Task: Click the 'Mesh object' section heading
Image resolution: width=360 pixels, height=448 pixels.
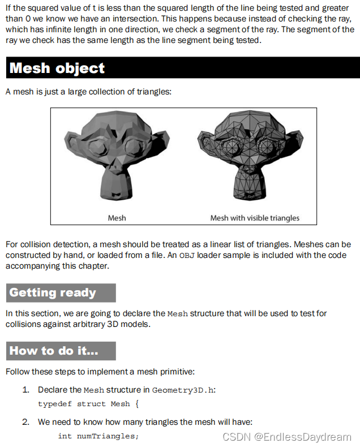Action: coord(57,68)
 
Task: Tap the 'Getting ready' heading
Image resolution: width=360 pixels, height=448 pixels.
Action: coord(53,292)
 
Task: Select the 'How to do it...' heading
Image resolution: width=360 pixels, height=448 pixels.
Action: coord(54,351)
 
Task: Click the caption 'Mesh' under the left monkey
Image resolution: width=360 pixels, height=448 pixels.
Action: coord(117,218)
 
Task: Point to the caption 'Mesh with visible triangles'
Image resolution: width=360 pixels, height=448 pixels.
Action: coord(255,218)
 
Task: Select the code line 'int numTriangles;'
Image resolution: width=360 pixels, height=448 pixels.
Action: coord(98,436)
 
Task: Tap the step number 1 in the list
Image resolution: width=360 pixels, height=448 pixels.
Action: coord(25,390)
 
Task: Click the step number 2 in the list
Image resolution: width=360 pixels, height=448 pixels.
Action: coord(25,421)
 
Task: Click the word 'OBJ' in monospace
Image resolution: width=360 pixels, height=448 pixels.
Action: coord(186,255)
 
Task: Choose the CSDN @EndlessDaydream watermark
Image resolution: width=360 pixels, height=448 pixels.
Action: coord(287,437)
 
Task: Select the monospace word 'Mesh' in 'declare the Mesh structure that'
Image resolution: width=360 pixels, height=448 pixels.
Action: coord(178,313)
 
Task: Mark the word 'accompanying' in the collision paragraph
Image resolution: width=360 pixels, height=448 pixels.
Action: coord(33,266)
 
